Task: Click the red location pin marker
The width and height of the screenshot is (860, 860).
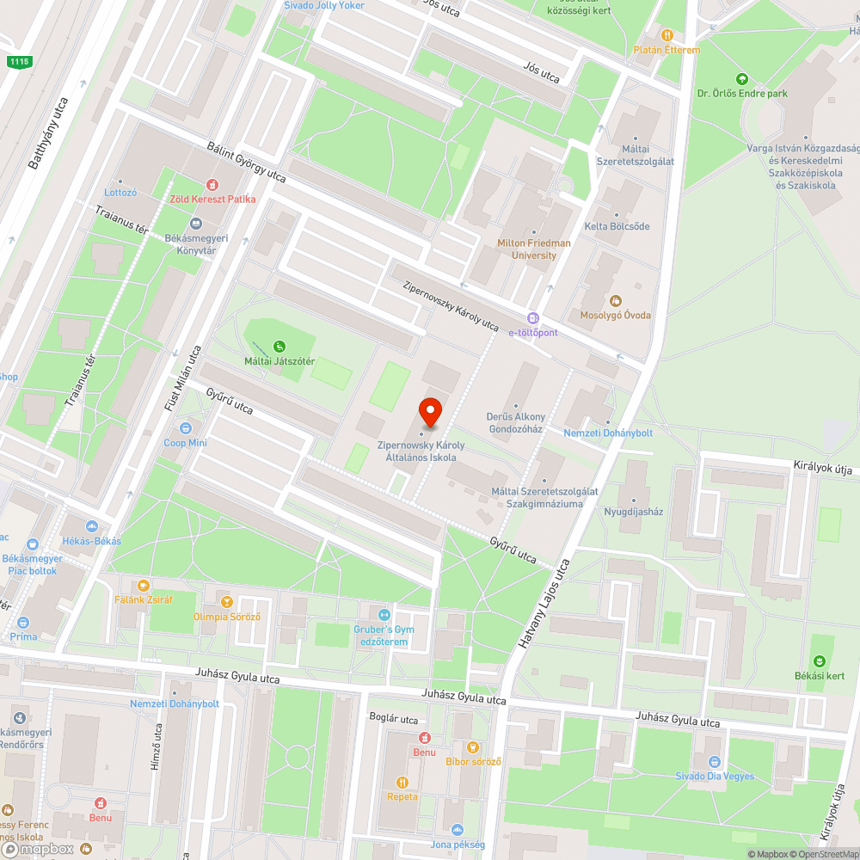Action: coord(429,414)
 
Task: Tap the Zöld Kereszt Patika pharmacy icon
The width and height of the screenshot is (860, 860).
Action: coord(212,184)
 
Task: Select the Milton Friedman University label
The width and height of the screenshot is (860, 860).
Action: coord(533,249)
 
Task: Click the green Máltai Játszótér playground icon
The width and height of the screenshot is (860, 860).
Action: coord(279,346)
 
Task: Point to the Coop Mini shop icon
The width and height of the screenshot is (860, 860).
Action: coord(185,428)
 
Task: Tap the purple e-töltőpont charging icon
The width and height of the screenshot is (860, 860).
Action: coord(532,318)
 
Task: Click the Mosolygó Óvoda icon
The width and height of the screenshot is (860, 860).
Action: coord(615,300)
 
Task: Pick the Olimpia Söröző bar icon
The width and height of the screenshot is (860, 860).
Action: coord(227,602)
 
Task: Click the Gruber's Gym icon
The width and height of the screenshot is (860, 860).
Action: coord(384,615)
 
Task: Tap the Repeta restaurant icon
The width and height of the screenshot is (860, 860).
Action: coord(402,782)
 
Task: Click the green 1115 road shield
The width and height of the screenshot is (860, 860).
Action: coord(17,62)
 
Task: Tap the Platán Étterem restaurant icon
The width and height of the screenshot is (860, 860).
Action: coord(666,34)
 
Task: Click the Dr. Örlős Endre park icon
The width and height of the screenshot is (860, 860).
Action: coord(742,78)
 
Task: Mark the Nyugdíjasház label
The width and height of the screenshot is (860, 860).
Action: coord(634,511)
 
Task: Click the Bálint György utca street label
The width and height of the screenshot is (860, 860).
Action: coord(247,163)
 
